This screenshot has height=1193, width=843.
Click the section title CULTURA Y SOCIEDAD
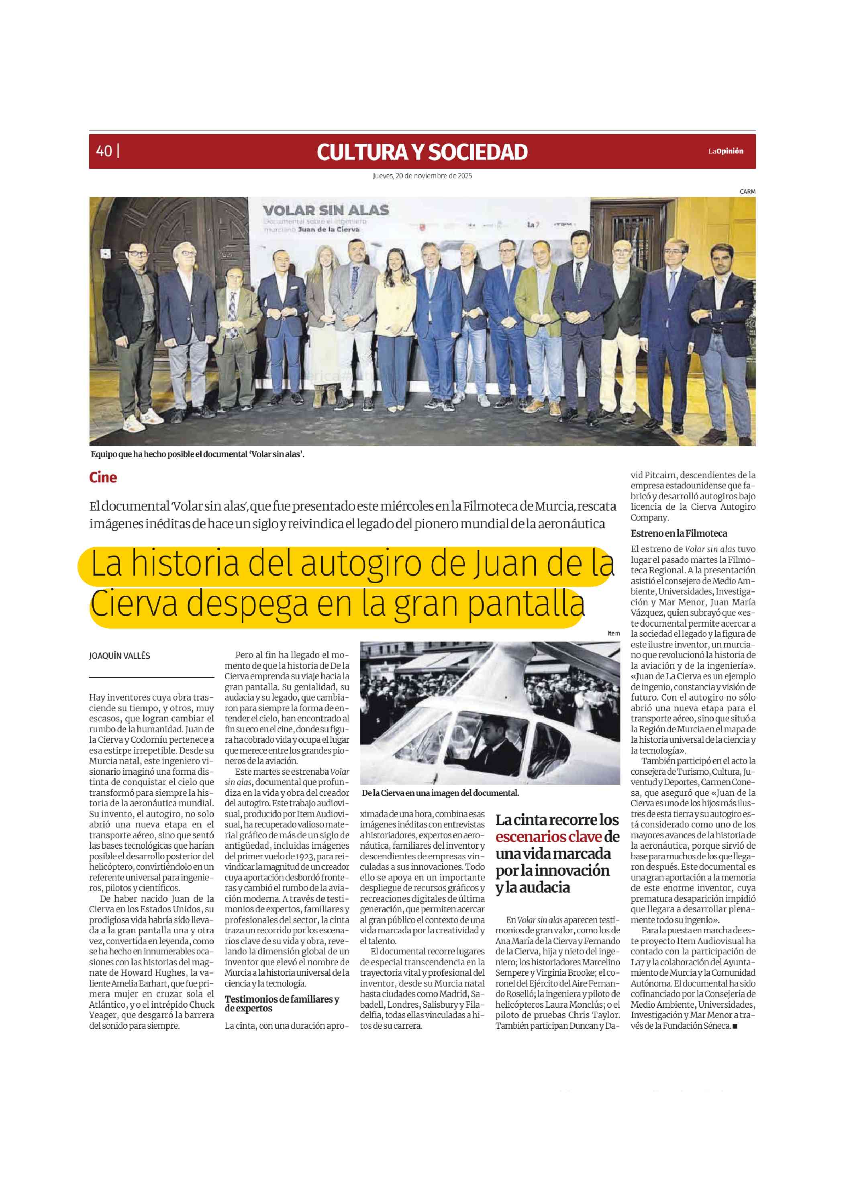point(422,152)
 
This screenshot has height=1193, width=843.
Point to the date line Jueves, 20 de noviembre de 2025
point(422,176)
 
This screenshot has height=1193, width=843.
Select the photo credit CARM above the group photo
point(747,192)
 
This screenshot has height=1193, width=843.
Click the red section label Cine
point(103,478)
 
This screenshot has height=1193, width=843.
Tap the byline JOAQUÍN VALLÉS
point(119,656)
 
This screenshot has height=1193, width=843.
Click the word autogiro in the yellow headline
point(361,564)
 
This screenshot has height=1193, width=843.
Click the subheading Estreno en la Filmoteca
point(678,533)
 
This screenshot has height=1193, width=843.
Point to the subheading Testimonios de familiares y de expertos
point(282,1003)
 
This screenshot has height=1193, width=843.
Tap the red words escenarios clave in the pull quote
point(548,837)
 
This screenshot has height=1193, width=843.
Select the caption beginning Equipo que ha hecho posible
point(197,454)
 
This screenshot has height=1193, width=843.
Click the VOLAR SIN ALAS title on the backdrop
point(326,210)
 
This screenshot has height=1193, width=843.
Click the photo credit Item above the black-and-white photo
point(613,633)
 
